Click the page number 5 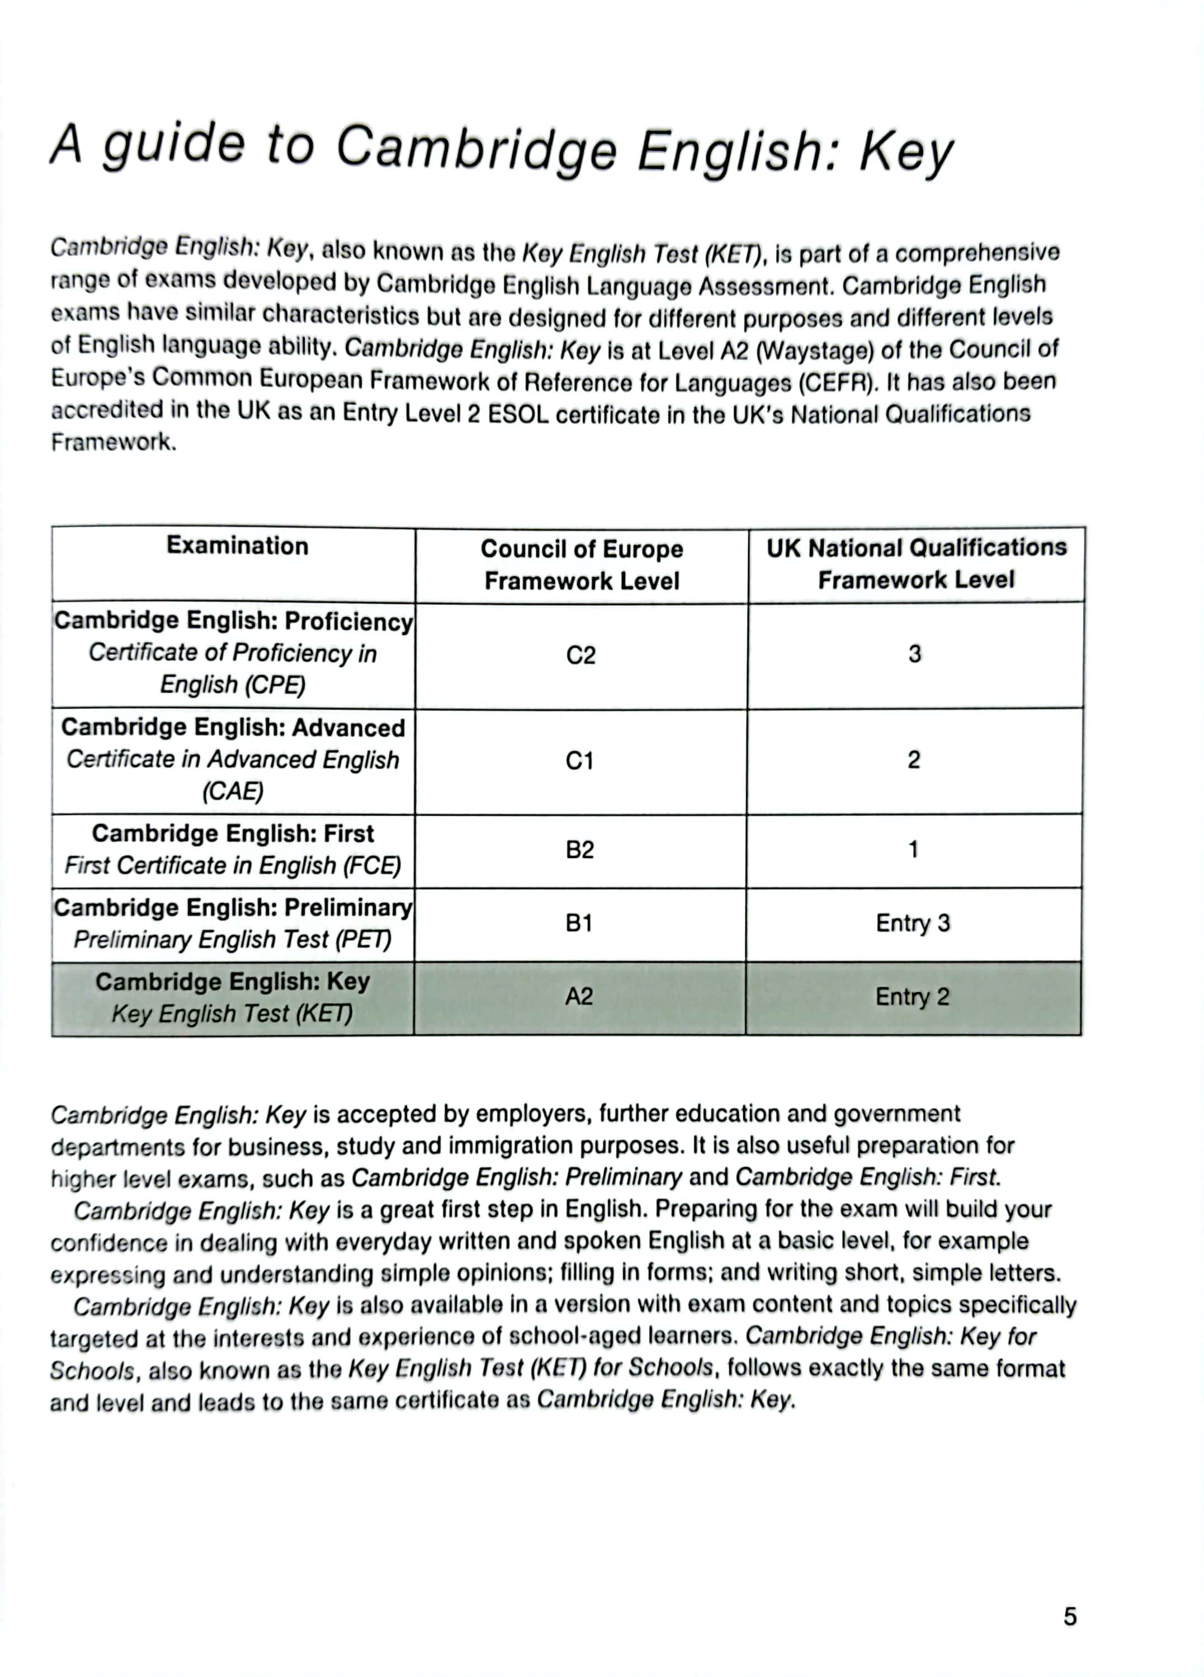1069,1617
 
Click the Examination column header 237,546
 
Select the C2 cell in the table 580,655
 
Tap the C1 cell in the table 580,761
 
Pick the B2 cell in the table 580,850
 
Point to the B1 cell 579,923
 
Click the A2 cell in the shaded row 579,997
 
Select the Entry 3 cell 913,923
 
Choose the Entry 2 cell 912,997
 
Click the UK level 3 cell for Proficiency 915,655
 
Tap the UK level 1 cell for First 913,850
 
